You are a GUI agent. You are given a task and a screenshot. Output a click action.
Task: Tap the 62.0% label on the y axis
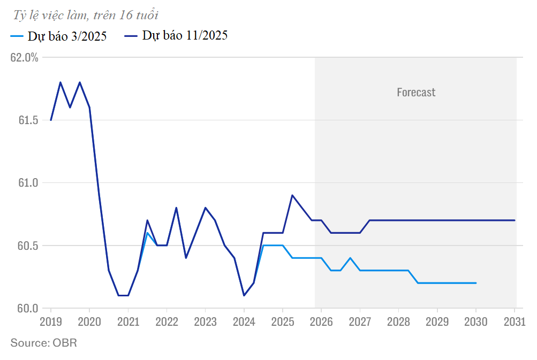(x=25, y=57)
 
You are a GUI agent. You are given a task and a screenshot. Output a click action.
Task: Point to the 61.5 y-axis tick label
(x=27, y=120)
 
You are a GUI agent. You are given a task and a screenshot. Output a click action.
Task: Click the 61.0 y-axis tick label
(x=27, y=183)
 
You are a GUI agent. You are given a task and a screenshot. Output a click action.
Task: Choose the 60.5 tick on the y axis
(x=27, y=246)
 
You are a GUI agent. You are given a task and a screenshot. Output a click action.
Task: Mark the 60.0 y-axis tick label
(x=27, y=309)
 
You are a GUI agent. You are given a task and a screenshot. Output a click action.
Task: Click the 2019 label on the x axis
(x=51, y=321)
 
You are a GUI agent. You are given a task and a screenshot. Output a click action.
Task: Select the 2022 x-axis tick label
(x=167, y=321)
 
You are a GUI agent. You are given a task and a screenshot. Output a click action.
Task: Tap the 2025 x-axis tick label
(x=283, y=321)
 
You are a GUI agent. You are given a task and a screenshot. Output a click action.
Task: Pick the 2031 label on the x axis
(x=515, y=321)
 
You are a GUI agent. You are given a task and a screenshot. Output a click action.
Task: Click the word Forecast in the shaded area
(x=416, y=93)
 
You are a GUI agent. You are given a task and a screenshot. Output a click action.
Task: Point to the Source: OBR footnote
(x=44, y=343)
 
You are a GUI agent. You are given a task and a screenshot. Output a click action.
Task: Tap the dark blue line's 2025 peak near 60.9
(x=292, y=195)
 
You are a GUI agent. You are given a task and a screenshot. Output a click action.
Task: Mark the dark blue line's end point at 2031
(x=515, y=220)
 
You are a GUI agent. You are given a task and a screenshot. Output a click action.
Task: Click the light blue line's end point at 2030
(x=476, y=283)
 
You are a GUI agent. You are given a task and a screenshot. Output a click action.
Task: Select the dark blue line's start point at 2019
(x=51, y=120)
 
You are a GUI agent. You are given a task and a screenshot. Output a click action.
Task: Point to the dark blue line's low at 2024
(x=244, y=295)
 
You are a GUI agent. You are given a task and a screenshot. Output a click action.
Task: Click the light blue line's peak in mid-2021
(x=147, y=233)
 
